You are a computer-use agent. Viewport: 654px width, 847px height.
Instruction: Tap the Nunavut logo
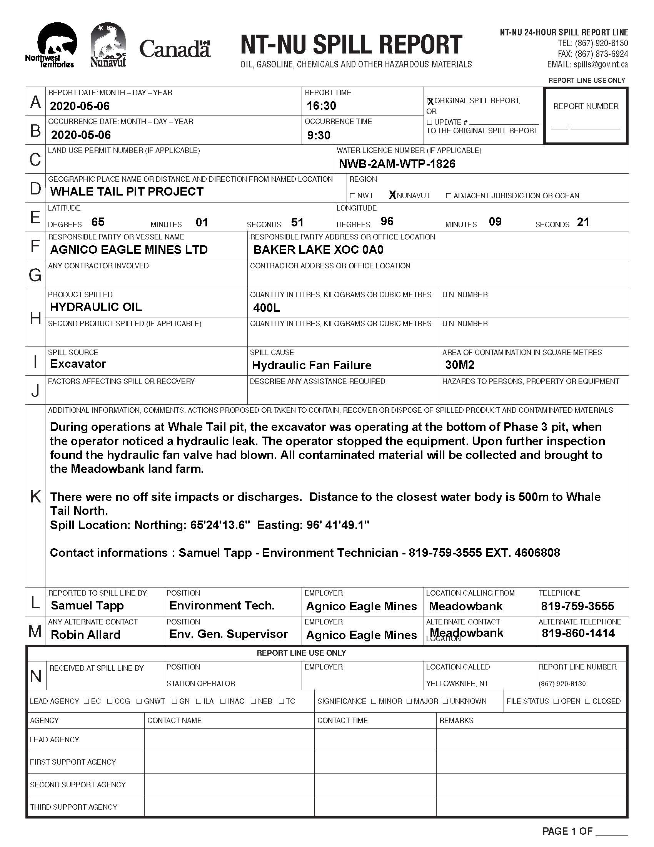pyautogui.click(x=108, y=45)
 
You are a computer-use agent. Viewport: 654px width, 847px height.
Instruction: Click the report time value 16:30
pyautogui.click(x=321, y=106)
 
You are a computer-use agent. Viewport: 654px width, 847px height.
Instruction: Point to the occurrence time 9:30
pyautogui.click(x=319, y=136)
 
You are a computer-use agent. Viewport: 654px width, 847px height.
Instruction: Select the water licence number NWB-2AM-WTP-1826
pyautogui.click(x=397, y=164)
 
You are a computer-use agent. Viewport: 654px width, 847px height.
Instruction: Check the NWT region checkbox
pyautogui.click(x=352, y=196)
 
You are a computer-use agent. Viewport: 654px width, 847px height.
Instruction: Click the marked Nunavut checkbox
pyautogui.click(x=392, y=196)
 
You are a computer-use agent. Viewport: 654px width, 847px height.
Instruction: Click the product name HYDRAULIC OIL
pyautogui.click(x=96, y=307)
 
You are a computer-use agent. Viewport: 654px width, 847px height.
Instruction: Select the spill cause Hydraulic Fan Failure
pyautogui.click(x=311, y=365)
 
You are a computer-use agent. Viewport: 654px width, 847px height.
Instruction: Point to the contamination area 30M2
pyautogui.click(x=459, y=365)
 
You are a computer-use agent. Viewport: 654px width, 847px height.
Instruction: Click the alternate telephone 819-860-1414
pyautogui.click(x=578, y=634)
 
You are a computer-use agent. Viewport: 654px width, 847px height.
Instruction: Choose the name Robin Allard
pyautogui.click(x=85, y=635)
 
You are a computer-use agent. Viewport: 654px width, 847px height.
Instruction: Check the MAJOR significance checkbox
pyautogui.click(x=409, y=701)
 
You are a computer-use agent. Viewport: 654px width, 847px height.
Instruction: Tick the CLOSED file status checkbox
pyautogui.click(x=587, y=701)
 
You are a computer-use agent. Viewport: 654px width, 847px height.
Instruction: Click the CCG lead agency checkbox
pyautogui.click(x=110, y=701)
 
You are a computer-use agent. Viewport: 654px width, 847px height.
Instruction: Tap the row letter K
pyautogui.click(x=35, y=496)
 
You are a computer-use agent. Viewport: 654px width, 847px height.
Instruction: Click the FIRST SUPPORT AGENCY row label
pyautogui.click(x=73, y=762)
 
